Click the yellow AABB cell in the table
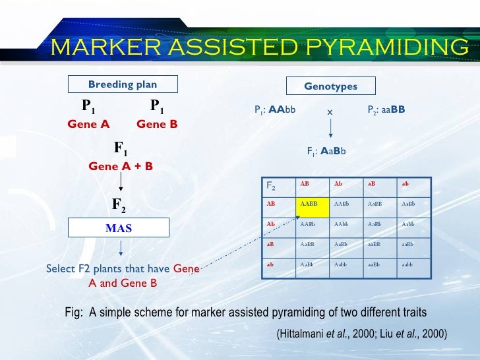point(313,206)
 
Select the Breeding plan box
point(122,84)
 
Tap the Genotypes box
point(330,86)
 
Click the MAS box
point(119,228)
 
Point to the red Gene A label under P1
point(88,124)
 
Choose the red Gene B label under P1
point(157,124)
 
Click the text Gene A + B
point(121,167)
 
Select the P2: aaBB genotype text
point(386,110)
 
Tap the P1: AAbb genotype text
point(275,110)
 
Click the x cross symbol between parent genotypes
point(330,111)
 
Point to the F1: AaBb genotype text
point(326,151)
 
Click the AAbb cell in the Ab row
point(341,224)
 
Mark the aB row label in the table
point(270,244)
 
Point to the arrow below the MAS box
point(121,249)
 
